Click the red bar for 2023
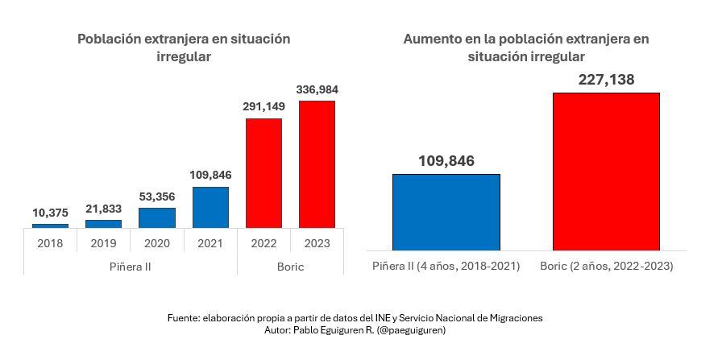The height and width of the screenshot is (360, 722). tap(317, 164)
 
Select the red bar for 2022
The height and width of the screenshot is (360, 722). tap(263, 173)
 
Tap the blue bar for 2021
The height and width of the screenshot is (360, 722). tap(210, 208)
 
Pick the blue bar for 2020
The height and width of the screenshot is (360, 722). tap(157, 217)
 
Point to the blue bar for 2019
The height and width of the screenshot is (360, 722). tap(103, 224)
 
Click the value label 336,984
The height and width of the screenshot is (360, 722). tap(317, 88)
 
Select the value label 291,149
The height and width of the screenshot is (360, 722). tap(263, 106)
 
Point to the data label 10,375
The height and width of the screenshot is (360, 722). tap(50, 212)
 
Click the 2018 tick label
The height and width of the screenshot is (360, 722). tap(50, 242)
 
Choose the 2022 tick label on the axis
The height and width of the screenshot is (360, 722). tap(263, 242)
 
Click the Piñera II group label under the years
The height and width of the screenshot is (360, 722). tap(130, 266)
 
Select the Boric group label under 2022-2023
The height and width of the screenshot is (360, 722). tap(290, 266)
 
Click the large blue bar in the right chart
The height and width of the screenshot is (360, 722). tap(446, 212)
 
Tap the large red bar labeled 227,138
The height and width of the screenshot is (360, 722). tap(606, 171)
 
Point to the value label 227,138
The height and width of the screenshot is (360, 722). tap(606, 79)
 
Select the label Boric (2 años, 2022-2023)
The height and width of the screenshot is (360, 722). tap(606, 265)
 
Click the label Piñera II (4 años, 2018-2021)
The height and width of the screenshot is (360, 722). tap(446, 265)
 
